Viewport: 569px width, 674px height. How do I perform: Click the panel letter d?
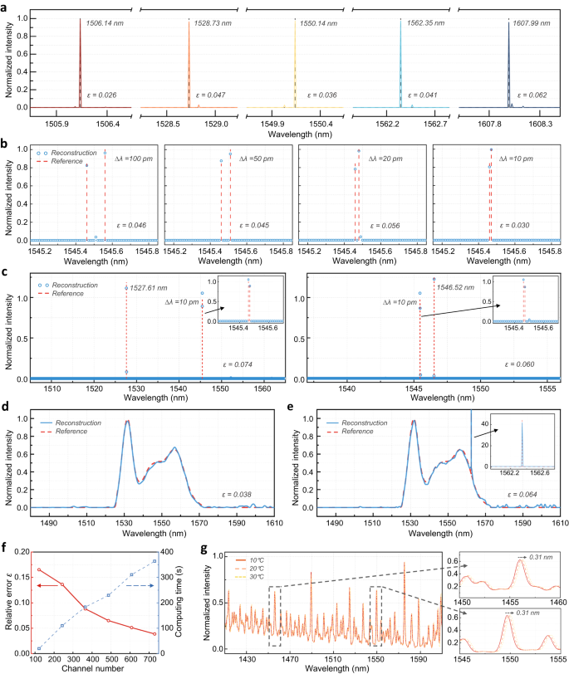pos(6,407)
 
